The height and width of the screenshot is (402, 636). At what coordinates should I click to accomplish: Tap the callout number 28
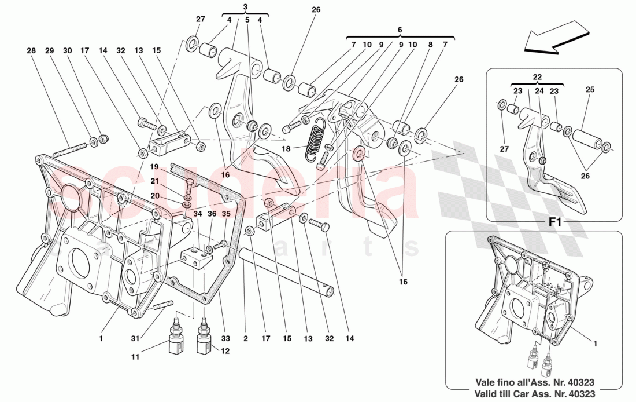click(31, 51)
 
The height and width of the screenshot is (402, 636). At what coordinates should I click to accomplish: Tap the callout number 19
click(155, 167)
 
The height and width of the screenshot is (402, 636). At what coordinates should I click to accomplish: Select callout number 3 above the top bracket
click(245, 7)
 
